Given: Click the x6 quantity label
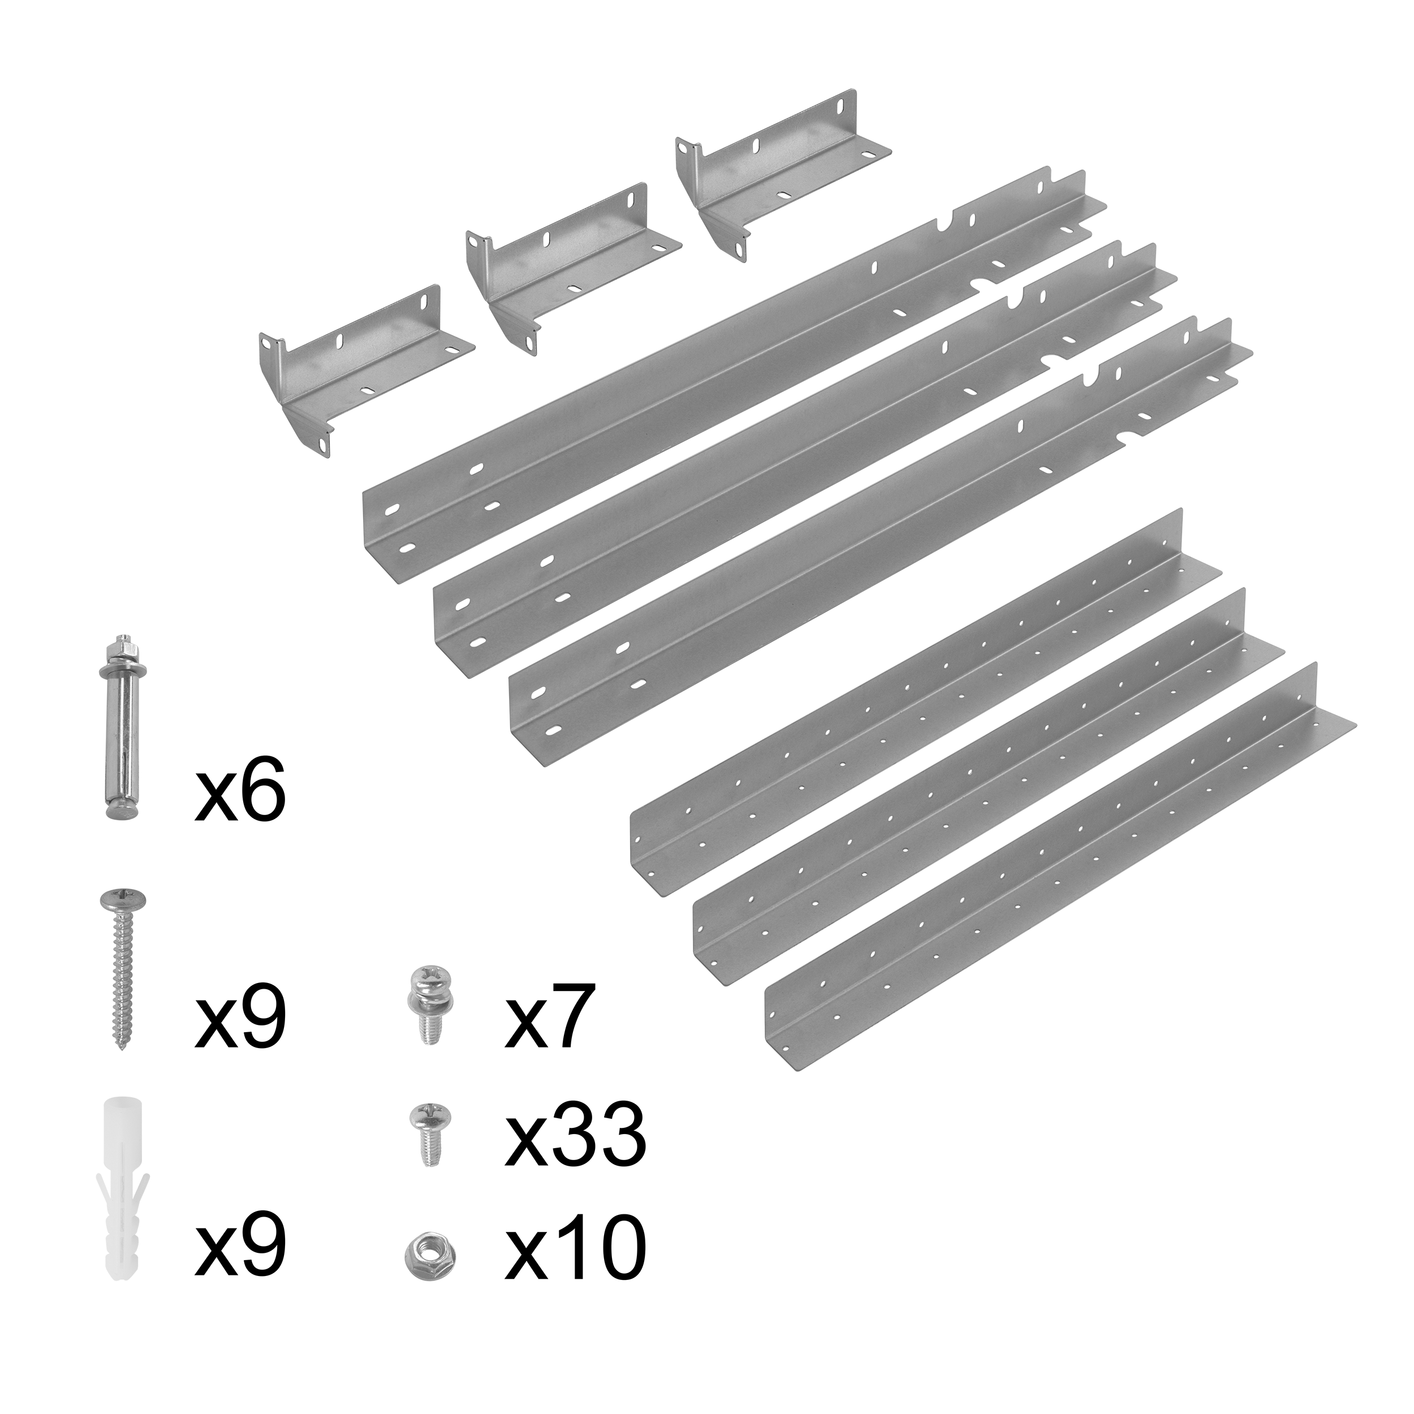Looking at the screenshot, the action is [x=239, y=792].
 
